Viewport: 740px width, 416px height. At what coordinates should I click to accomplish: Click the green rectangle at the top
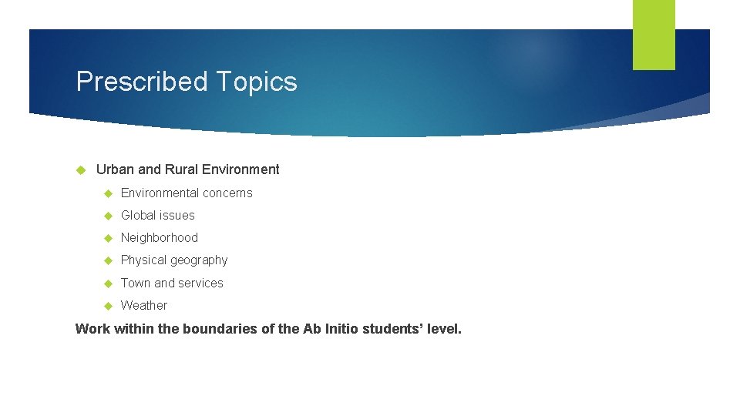click(654, 35)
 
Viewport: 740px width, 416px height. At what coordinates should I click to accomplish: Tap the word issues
click(178, 215)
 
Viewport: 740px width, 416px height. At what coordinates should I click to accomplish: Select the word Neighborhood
click(160, 237)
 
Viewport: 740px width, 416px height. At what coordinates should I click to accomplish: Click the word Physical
click(143, 260)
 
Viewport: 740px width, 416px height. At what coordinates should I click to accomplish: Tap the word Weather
click(144, 305)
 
